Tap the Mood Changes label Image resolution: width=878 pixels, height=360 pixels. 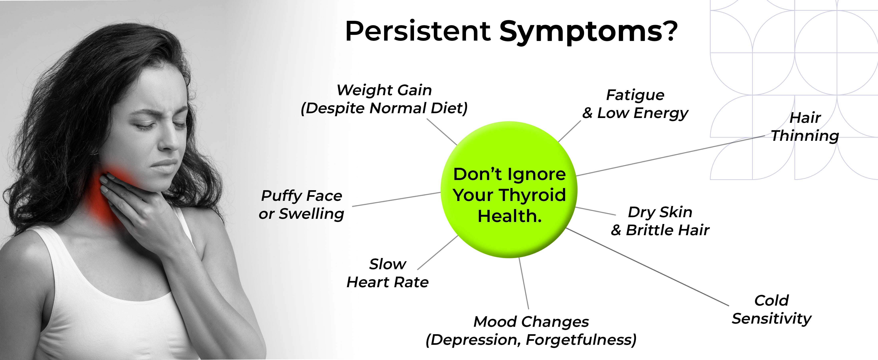531,331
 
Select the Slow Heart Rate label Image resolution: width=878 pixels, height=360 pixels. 388,273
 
